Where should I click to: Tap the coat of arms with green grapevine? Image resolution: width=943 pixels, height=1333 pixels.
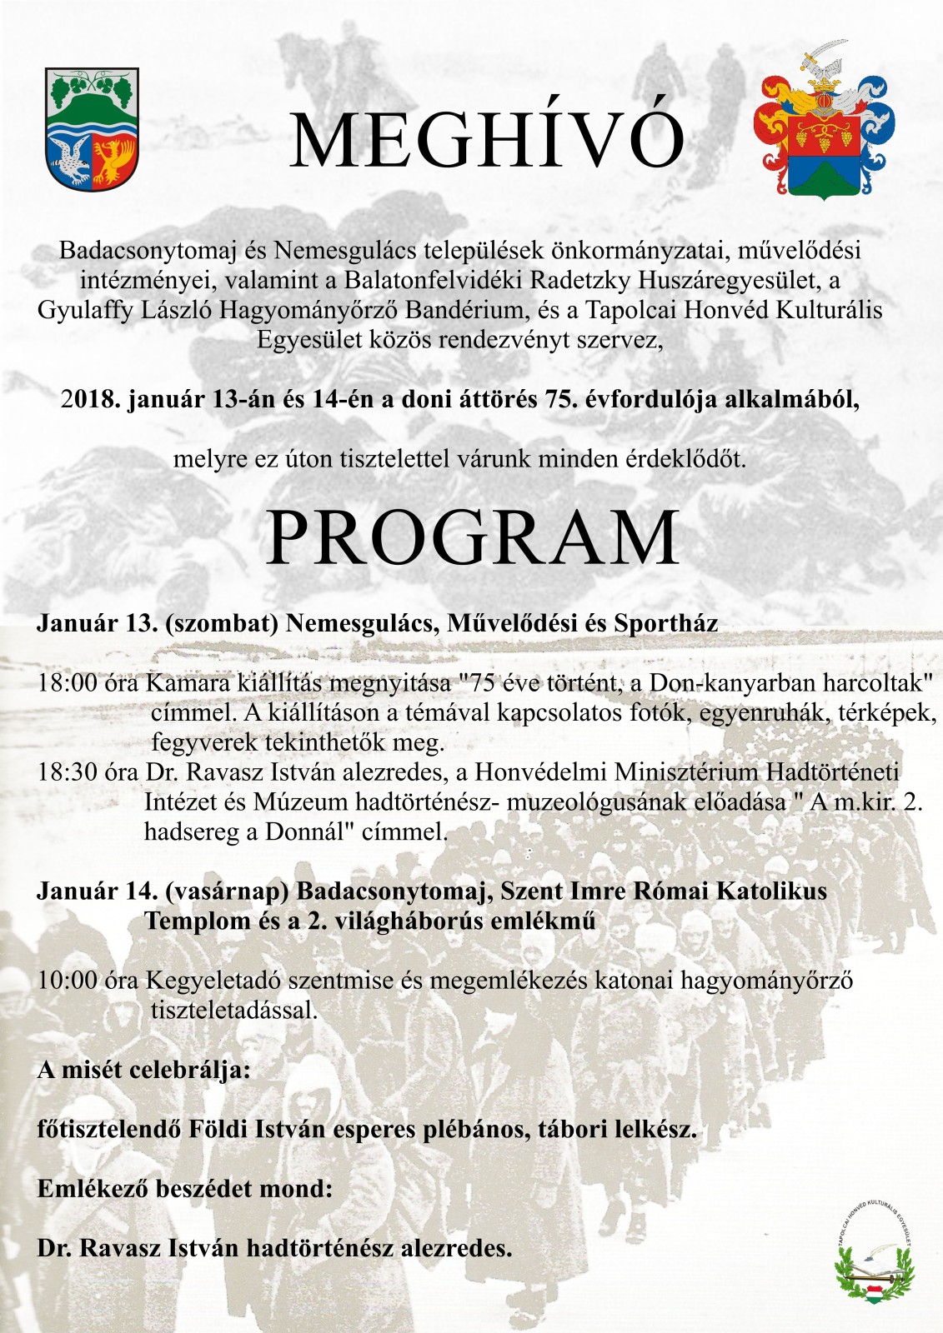93,129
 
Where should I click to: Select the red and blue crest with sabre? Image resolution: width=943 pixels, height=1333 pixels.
823,124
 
